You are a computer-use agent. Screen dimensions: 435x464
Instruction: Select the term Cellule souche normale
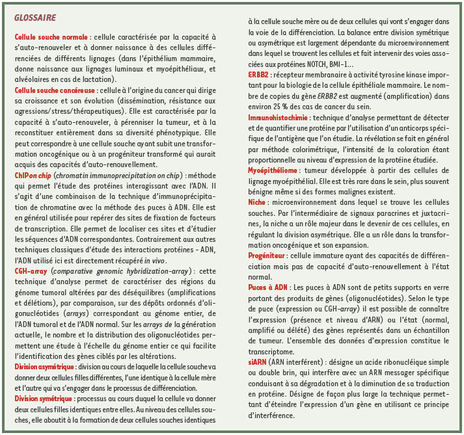51,38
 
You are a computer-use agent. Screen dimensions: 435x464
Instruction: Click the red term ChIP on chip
33,175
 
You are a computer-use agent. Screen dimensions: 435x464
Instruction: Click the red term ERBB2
258,74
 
